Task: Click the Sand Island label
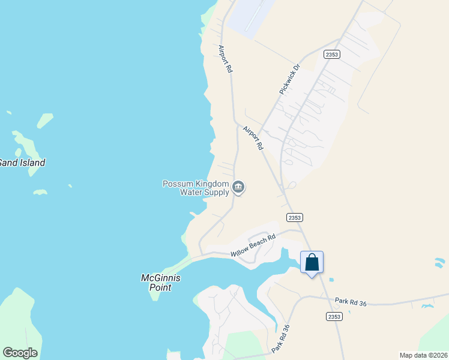click(22, 163)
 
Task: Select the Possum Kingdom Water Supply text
click(196, 188)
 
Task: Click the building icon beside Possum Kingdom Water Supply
click(238, 188)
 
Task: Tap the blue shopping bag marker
click(312, 263)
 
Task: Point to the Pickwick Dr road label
click(289, 79)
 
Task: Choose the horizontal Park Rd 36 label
click(351, 302)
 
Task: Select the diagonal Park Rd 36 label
click(280, 339)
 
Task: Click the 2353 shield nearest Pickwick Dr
click(331, 54)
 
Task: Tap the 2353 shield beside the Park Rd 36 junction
click(335, 316)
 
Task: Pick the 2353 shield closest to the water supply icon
click(294, 217)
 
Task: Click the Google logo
click(20, 353)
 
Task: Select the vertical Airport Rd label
click(225, 59)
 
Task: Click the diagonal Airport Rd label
click(253, 137)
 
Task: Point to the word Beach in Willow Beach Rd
click(255, 245)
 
